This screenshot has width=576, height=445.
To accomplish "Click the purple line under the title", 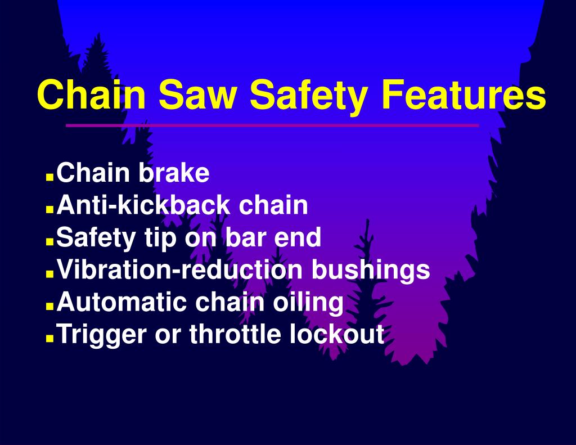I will pyautogui.click(x=272, y=125).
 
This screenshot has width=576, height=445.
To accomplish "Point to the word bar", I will pyautogui.click(x=245, y=238).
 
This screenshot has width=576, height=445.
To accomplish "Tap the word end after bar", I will pyautogui.click(x=297, y=238).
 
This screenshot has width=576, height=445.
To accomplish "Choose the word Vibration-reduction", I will pyautogui.click(x=181, y=270).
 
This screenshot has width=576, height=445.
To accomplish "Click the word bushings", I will pyautogui.click(x=371, y=271).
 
